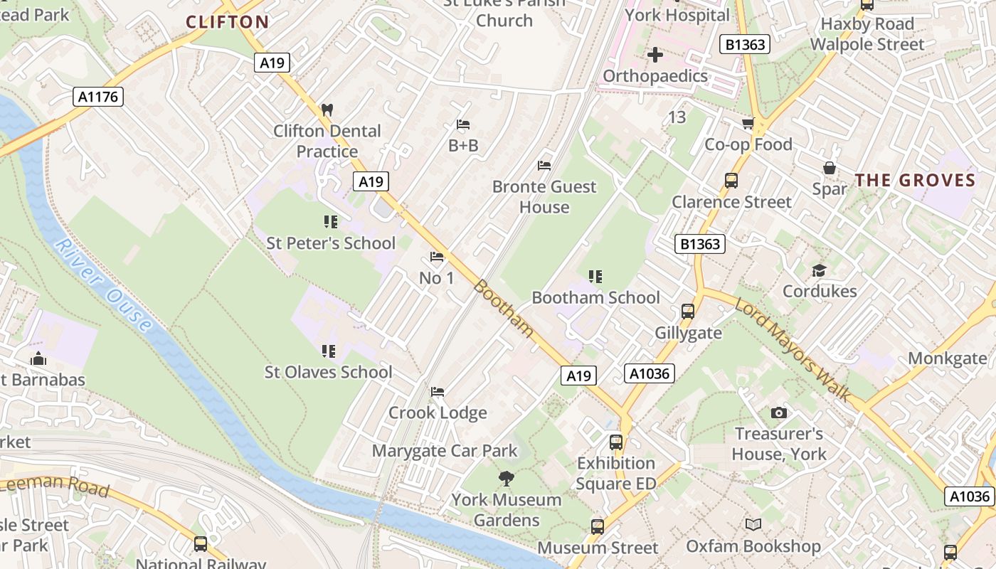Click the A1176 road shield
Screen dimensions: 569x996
click(98, 97)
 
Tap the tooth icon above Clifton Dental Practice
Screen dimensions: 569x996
click(327, 110)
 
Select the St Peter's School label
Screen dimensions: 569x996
click(330, 243)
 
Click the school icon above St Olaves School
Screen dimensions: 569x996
click(328, 351)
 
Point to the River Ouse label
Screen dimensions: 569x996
click(103, 285)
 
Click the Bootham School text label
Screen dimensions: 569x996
click(595, 297)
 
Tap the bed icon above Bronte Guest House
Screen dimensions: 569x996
click(544, 166)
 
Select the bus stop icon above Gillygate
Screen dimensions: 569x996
click(687, 311)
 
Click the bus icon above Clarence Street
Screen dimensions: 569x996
click(731, 180)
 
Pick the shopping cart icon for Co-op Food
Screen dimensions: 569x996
click(748, 124)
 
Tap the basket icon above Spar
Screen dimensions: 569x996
click(830, 168)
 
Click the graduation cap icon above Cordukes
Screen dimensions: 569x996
click(819, 270)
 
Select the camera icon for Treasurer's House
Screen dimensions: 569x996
click(779, 413)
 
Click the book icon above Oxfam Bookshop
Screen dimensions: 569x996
click(753, 525)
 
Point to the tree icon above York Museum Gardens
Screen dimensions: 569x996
click(507, 478)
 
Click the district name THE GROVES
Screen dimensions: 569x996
click(915, 180)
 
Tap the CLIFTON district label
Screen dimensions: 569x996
click(228, 22)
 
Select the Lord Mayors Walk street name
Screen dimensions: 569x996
click(793, 349)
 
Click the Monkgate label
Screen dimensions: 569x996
click(948, 358)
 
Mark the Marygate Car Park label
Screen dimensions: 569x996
click(445, 451)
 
